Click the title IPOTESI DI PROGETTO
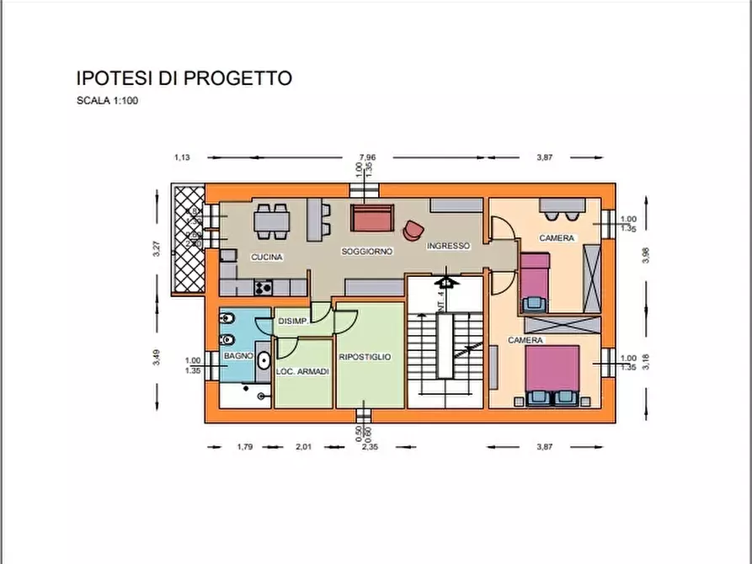(x=184, y=79)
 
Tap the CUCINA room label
(x=266, y=257)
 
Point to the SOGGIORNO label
(x=368, y=252)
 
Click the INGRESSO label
(x=448, y=247)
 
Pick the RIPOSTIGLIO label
(x=365, y=357)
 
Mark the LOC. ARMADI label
(x=301, y=371)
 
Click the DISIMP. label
(x=291, y=322)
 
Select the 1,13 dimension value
(x=182, y=157)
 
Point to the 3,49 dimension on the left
(x=157, y=358)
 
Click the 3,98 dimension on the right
(x=646, y=255)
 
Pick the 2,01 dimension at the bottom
(x=303, y=447)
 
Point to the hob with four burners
(x=263, y=287)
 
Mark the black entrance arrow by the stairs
(x=446, y=282)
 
